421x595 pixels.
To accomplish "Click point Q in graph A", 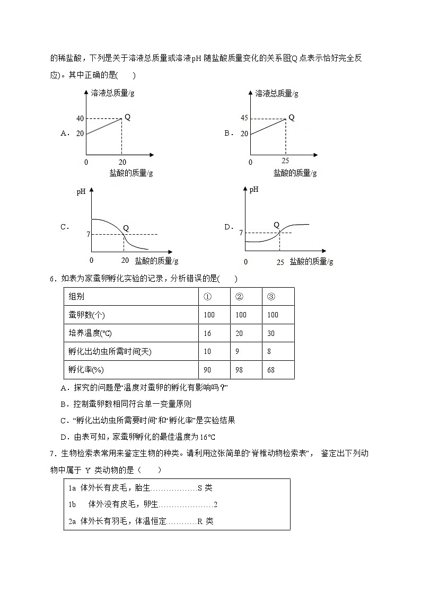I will [127, 117].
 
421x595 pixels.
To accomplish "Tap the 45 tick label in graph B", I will [244, 118].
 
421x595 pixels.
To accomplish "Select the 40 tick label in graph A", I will [80, 119].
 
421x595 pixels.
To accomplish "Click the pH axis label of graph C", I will [81, 192].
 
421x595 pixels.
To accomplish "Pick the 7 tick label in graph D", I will [241, 233].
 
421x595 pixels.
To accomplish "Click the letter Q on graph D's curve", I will [276, 225].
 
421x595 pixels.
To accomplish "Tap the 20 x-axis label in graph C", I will [125, 260].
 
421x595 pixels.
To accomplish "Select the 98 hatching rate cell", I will [239, 370].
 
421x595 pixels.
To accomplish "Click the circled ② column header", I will [239, 297].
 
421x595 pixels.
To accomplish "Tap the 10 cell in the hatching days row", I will [207, 352].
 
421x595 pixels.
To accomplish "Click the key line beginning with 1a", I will [140, 489].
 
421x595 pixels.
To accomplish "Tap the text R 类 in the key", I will [205, 521].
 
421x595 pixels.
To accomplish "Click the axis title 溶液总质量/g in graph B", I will [277, 93].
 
